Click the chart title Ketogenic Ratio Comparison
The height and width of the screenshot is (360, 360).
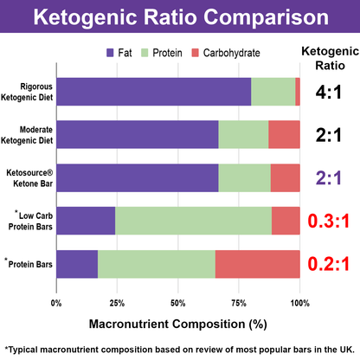pos(179,16)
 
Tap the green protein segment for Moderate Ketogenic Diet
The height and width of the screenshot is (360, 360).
pos(243,135)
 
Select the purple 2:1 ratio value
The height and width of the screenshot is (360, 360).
pos(328,177)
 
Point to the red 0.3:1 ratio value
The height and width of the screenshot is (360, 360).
pos(328,221)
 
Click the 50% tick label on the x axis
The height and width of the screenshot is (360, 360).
pos(178,303)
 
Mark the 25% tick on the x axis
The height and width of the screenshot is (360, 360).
pos(117,303)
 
